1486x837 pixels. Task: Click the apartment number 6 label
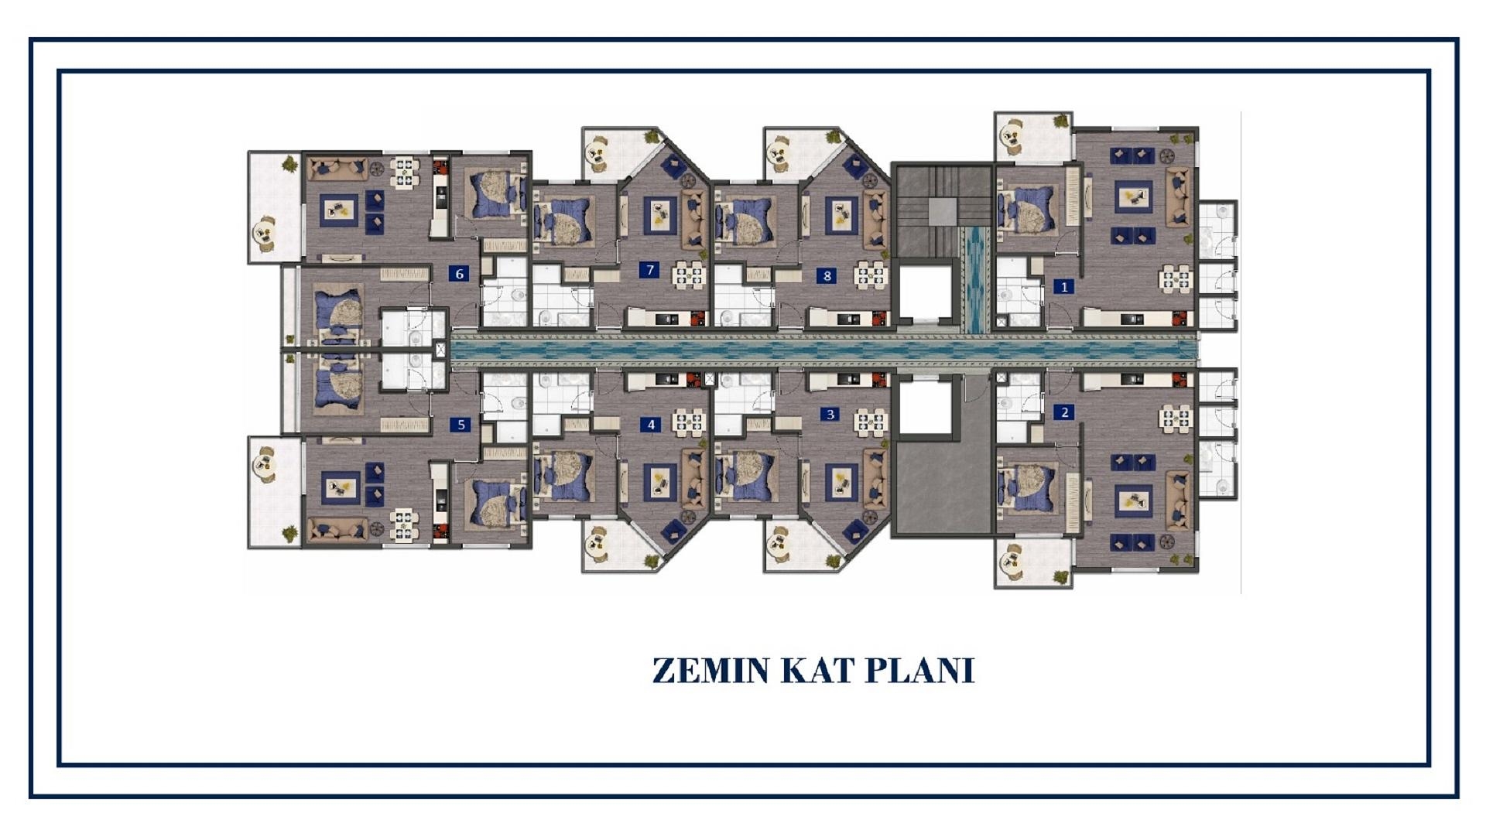[460, 273]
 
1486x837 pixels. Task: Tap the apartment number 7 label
[650, 270]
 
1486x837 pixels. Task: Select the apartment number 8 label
[827, 275]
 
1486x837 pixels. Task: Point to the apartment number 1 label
[1064, 287]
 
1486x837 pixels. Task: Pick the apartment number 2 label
[1064, 412]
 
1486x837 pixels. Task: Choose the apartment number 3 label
[830, 415]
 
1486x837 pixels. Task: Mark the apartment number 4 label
[651, 425]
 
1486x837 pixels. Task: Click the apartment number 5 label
[461, 425]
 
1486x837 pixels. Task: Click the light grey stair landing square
[943, 210]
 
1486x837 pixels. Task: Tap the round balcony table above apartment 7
[597, 151]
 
